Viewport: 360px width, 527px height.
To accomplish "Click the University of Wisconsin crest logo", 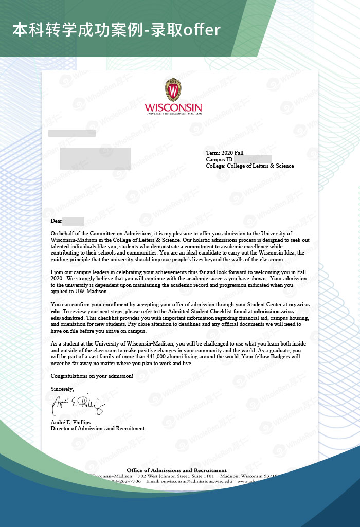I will tap(173, 90).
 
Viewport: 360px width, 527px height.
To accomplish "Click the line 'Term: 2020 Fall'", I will tap(225, 153).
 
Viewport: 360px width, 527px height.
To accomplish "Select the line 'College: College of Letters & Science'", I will tap(250, 166).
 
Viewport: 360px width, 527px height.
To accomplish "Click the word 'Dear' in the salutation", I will tap(56, 221).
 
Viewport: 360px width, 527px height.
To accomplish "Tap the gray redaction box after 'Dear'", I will tap(73, 221).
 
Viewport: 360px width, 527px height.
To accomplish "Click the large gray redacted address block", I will tap(95, 158).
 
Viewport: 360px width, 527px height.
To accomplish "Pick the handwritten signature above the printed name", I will tap(78, 406).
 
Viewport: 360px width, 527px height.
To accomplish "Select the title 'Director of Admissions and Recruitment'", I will tap(98, 428).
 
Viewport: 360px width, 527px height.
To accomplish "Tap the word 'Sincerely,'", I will tap(62, 389).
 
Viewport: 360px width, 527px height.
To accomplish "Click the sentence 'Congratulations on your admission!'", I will tap(92, 376).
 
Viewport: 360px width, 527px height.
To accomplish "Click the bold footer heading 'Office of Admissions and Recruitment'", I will tap(176, 470).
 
